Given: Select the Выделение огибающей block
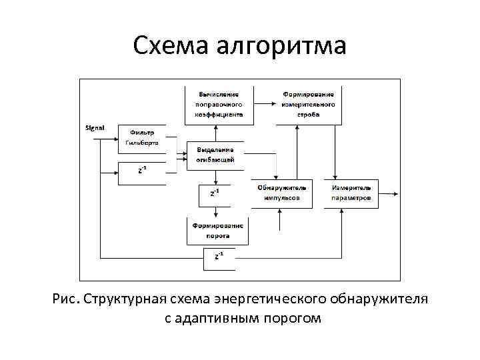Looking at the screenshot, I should [x=215, y=155].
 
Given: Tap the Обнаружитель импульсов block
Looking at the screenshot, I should [x=280, y=193].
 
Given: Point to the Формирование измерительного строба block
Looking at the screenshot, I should [x=309, y=105].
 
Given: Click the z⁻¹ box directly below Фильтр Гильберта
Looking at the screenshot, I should [x=141, y=173].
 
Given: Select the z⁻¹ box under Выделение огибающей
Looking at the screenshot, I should [x=215, y=194].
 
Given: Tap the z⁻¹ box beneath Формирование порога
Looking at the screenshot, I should [x=219, y=257].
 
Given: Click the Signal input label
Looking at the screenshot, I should [x=95, y=127].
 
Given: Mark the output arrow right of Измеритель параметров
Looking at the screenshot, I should [x=389, y=194].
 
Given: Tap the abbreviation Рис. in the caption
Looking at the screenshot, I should [x=66, y=297].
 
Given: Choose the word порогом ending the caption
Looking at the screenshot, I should [x=293, y=319].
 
